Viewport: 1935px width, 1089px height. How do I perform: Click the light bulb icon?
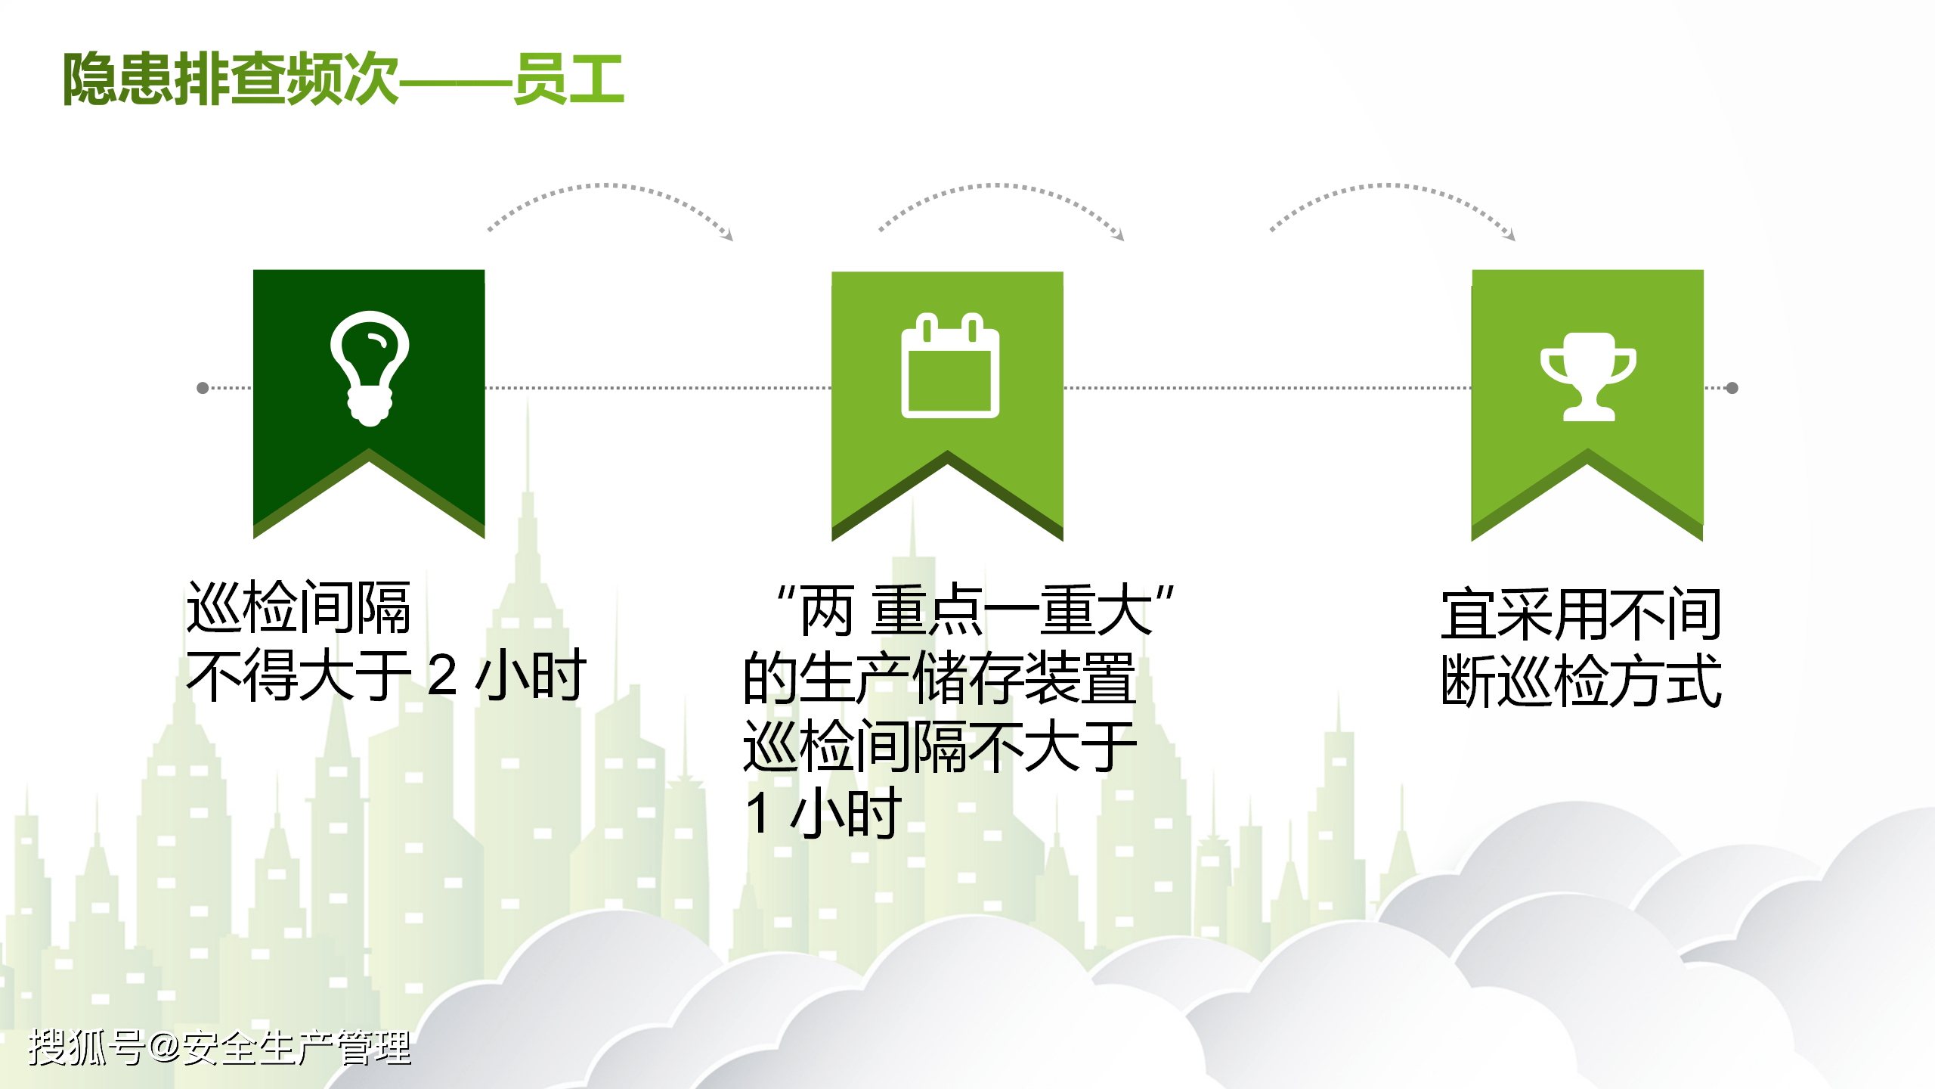(370, 368)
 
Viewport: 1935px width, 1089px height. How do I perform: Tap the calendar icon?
(949, 366)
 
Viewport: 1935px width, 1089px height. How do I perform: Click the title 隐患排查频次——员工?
(343, 79)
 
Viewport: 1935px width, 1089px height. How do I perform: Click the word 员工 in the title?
(568, 79)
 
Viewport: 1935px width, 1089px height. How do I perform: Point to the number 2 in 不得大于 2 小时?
(442, 675)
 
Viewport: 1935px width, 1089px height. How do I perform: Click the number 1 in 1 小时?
(758, 814)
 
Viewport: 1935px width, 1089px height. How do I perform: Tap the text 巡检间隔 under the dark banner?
(299, 608)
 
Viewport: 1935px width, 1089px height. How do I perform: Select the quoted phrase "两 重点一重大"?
(975, 610)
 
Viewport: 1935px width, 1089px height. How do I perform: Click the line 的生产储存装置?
(940, 678)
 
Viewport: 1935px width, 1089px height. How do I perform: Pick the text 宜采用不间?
(1581, 614)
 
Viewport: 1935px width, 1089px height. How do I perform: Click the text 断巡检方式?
(1581, 681)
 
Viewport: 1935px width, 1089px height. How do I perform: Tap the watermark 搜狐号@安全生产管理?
(219, 1048)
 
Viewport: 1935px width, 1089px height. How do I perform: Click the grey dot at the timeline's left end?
(203, 388)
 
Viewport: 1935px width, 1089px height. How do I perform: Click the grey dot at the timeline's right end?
(1732, 388)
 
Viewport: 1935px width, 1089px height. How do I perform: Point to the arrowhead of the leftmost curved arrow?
(729, 237)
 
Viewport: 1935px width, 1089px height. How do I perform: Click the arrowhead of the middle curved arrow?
(1120, 237)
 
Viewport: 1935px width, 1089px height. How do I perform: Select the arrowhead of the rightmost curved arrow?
(1511, 237)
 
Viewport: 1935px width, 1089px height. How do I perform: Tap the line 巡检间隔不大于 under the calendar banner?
(940, 747)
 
